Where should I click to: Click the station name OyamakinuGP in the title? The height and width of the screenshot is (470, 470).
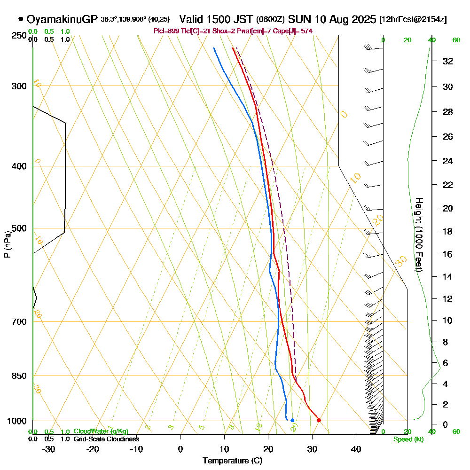point(62,20)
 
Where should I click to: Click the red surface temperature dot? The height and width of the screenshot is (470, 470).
point(319,420)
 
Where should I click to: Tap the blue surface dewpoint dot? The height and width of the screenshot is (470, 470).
point(292,420)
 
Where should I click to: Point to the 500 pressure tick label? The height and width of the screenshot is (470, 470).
point(18,229)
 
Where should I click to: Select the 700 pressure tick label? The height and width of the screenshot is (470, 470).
point(18,322)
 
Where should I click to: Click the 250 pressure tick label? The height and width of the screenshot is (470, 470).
point(18,36)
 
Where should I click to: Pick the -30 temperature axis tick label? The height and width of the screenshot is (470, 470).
point(49,449)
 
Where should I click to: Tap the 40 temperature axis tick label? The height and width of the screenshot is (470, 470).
point(356,449)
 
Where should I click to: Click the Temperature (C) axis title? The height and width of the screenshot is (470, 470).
point(232,461)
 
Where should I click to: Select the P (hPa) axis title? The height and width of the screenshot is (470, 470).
point(7,244)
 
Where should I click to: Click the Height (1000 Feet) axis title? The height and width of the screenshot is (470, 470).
point(418,234)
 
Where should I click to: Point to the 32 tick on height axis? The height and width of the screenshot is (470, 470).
point(447,61)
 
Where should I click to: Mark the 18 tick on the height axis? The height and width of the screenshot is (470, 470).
point(447,231)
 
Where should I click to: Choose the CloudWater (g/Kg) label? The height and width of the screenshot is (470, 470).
point(101,431)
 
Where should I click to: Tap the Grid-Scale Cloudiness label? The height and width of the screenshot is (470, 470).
point(106,439)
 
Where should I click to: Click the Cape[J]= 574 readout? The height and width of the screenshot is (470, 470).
point(298,31)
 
